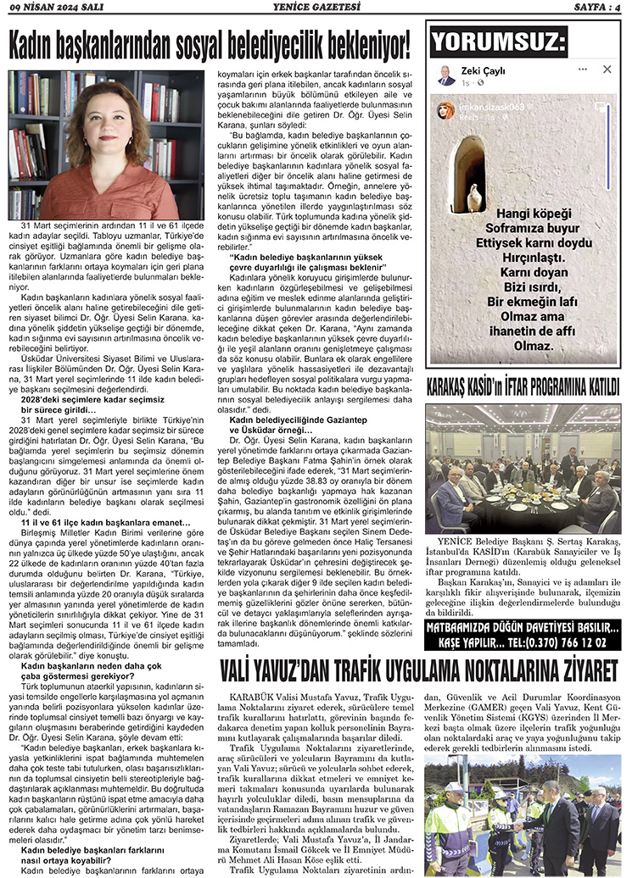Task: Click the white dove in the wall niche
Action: tap(474, 197)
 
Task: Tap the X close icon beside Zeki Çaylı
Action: tap(607, 69)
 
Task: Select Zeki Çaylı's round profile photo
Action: tap(446, 75)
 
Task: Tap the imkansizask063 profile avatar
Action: tap(445, 111)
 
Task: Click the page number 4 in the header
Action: tap(618, 8)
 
